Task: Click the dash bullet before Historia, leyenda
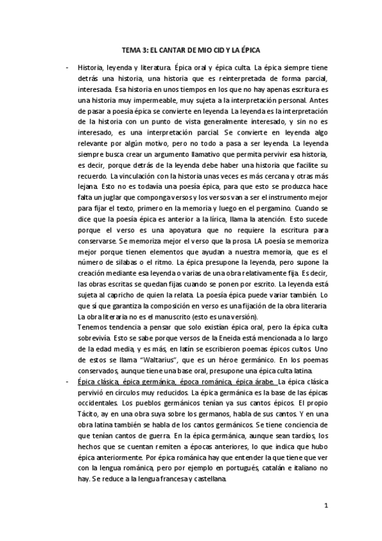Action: coord(67,66)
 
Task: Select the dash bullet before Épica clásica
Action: coord(67,380)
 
